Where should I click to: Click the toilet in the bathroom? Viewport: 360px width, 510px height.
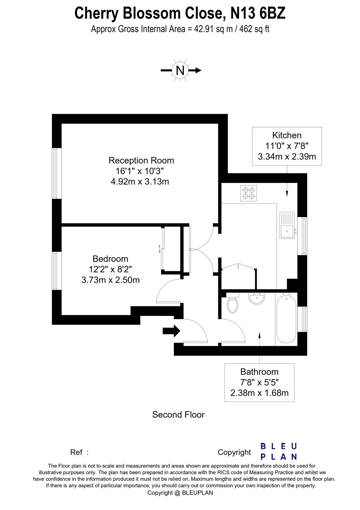click(233, 304)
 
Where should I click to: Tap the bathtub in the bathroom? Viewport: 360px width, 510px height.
click(286, 319)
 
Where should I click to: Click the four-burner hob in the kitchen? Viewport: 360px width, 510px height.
click(249, 193)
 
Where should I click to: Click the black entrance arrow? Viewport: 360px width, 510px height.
click(171, 331)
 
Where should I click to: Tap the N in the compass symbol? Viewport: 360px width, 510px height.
click(180, 70)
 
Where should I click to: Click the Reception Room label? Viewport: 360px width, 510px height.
click(141, 160)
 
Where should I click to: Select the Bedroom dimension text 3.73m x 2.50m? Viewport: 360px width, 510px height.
click(111, 280)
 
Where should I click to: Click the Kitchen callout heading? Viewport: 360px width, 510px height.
click(287, 135)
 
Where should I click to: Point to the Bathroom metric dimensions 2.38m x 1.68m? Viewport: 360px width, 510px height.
click(259, 393)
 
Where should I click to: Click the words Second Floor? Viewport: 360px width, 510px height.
click(178, 415)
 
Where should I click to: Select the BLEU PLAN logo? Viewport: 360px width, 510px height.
click(279, 451)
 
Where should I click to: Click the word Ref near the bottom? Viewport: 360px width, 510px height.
click(76, 452)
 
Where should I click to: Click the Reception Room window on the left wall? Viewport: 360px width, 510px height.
click(57, 173)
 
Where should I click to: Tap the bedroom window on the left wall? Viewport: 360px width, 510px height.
click(57, 271)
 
